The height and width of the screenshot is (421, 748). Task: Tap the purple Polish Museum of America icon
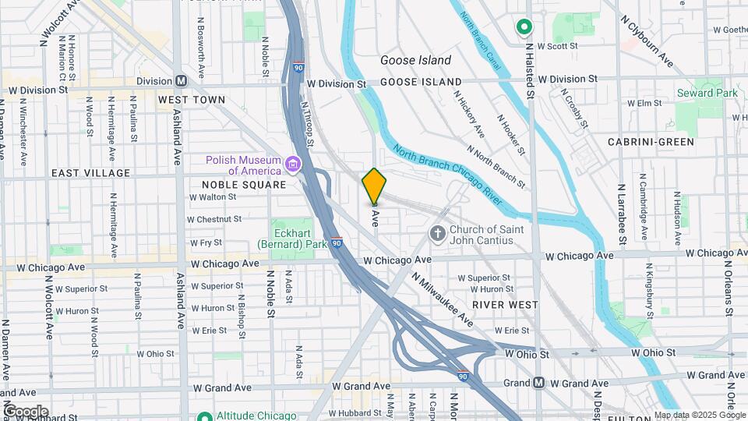pyautogui.click(x=293, y=165)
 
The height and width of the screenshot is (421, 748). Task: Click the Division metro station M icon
pyautogui.click(x=182, y=80)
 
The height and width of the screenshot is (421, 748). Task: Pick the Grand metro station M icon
pyautogui.click(x=538, y=383)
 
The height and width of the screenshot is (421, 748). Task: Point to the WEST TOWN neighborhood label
pyautogui.click(x=191, y=100)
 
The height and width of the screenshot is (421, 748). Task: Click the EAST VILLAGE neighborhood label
pyautogui.click(x=90, y=172)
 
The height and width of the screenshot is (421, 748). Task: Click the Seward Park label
pyautogui.click(x=707, y=93)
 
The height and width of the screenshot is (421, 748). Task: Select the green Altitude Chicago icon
pyautogui.click(x=204, y=417)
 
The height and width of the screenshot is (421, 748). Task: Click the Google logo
pyautogui.click(x=26, y=411)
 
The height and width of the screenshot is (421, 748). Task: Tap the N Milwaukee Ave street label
pyautogui.click(x=443, y=300)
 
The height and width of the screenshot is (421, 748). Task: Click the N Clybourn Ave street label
pyautogui.click(x=646, y=40)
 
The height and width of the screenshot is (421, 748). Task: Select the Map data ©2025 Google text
pyautogui.click(x=699, y=415)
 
